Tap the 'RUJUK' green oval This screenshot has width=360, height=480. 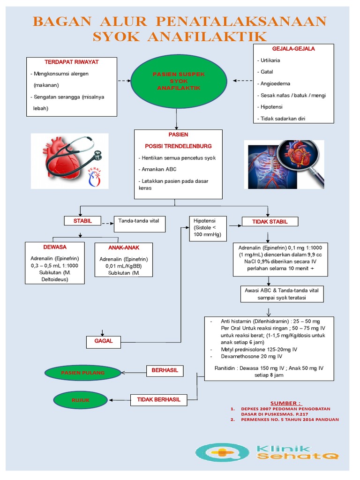[x=81, y=400]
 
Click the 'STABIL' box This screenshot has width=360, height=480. [x=82, y=221]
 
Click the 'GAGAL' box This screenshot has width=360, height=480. [x=104, y=341]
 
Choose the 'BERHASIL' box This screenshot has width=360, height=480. [x=165, y=370]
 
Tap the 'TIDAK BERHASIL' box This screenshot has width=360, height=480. [x=158, y=399]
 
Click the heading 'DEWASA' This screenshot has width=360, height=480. [x=54, y=247]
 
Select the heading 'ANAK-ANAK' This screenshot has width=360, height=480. [x=124, y=247]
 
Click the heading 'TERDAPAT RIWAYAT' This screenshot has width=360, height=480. [x=71, y=62]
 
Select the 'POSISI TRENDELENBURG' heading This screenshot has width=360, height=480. [x=178, y=146]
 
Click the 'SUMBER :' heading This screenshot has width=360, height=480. [x=286, y=403]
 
